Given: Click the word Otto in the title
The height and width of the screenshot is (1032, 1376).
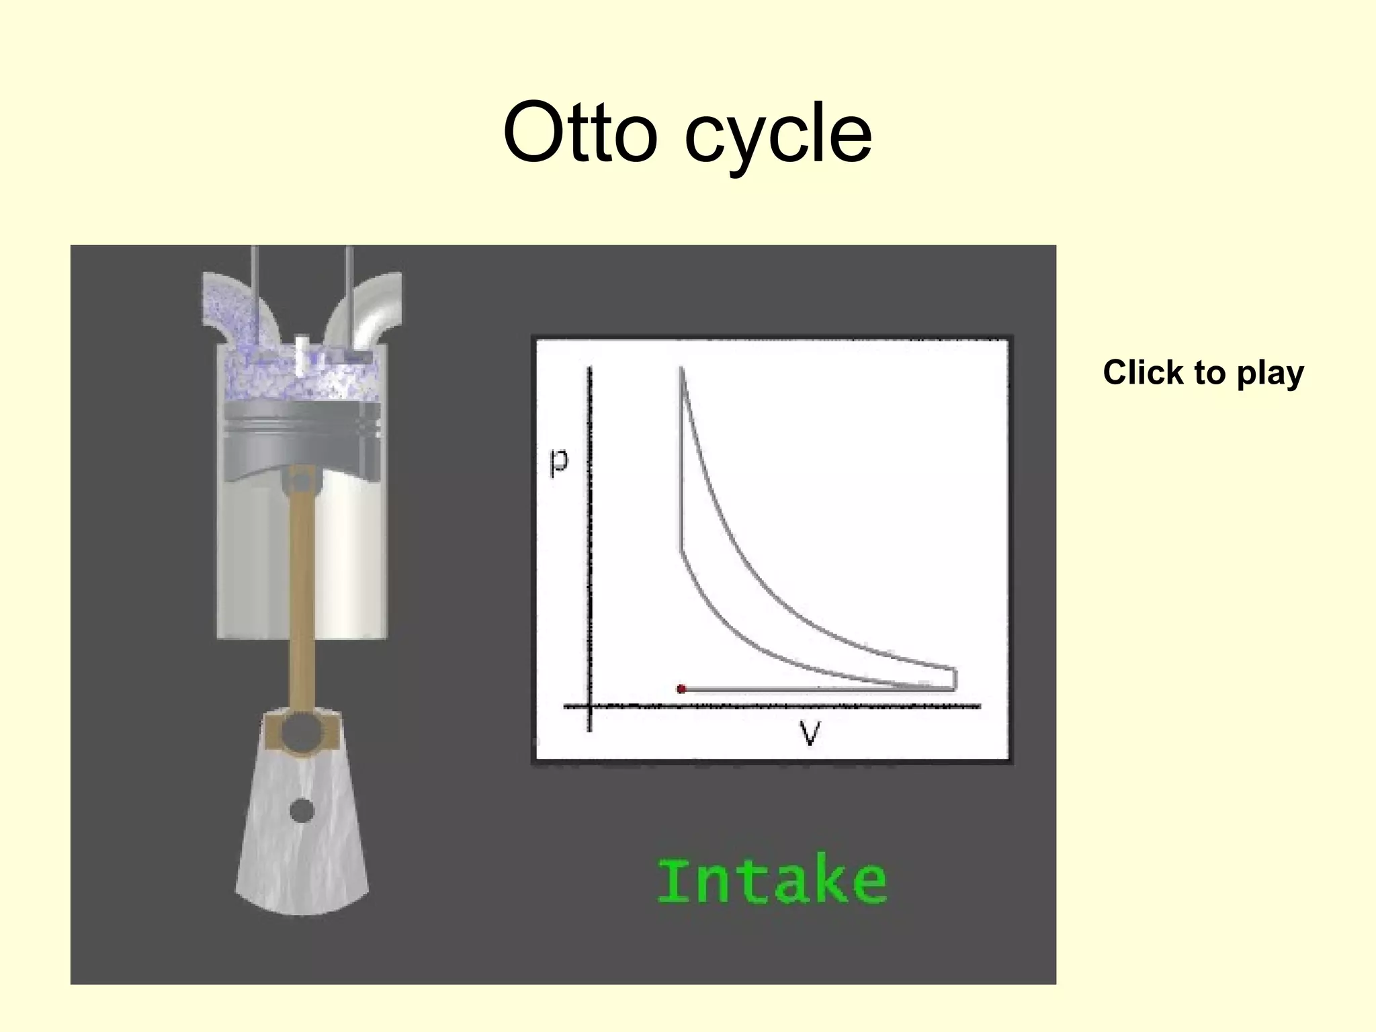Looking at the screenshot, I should (579, 133).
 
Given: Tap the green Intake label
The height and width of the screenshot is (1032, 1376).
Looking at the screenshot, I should (771, 881).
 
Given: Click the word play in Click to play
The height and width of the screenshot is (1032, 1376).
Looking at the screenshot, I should (1270, 374).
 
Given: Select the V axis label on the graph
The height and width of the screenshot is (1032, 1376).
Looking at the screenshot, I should (810, 733).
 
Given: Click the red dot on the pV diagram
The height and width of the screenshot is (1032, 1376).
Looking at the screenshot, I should (681, 689).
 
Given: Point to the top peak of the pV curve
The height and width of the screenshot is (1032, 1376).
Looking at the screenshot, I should (681, 370).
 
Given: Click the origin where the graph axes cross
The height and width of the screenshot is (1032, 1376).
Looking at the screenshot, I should (590, 706).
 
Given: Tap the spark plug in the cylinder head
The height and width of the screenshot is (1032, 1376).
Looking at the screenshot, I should (302, 355).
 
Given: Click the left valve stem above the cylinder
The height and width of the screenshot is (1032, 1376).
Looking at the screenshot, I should (255, 282).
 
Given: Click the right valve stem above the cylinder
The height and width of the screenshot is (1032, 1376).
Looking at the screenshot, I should (349, 282).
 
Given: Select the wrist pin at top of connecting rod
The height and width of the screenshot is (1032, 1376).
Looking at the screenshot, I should (302, 481).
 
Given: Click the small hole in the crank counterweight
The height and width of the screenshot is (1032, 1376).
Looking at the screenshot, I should (302, 811).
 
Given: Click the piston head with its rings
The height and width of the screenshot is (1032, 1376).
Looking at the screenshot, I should (302, 430).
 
